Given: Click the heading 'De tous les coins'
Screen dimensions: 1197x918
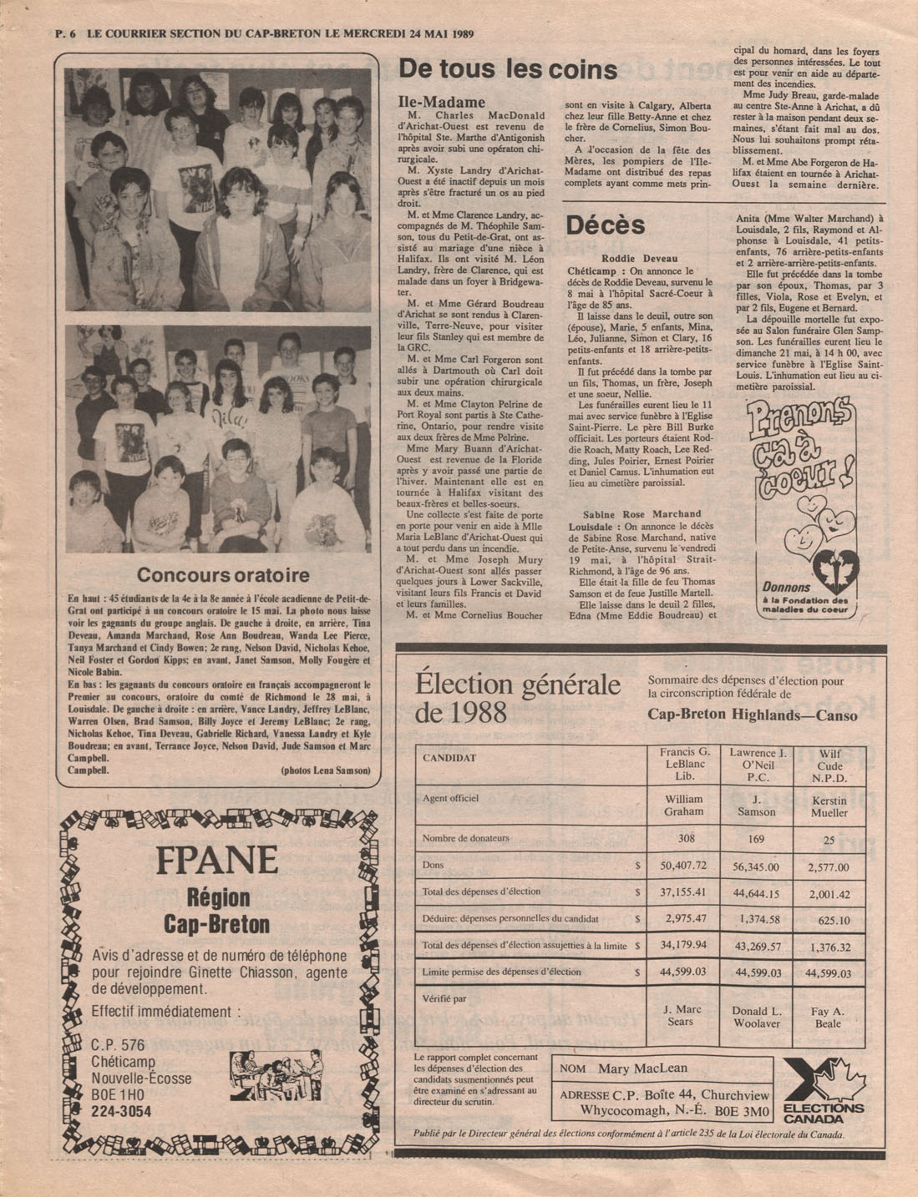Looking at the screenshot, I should (508, 69).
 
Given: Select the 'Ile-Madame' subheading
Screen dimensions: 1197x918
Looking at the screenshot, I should (442, 102).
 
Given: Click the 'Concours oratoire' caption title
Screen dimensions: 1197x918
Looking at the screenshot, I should (222, 574).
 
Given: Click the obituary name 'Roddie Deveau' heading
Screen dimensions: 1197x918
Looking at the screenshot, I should (640, 259).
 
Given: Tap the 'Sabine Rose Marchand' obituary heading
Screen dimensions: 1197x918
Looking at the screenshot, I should (642, 513).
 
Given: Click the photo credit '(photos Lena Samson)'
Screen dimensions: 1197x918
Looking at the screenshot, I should (325, 770).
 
